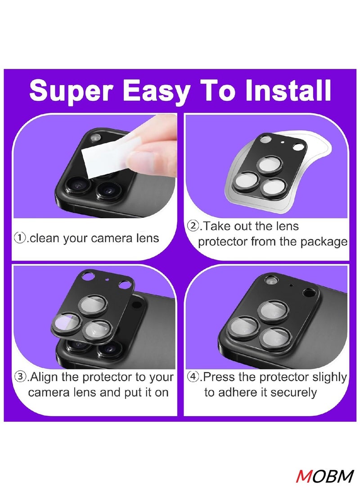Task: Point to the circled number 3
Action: (21, 377)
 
